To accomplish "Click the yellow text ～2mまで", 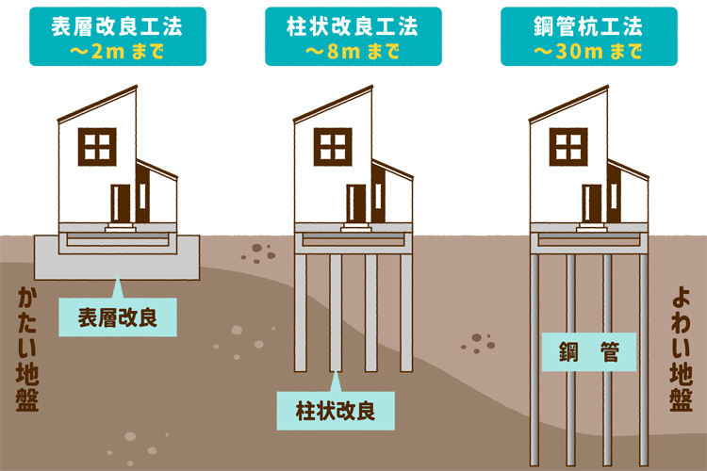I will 118,49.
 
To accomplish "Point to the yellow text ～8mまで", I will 353,49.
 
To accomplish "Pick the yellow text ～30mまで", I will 589,49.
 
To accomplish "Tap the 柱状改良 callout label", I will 337,411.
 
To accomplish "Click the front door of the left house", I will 121,203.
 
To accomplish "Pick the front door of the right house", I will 592,203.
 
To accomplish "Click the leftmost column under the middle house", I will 301,311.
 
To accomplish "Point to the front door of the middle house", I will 356,203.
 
